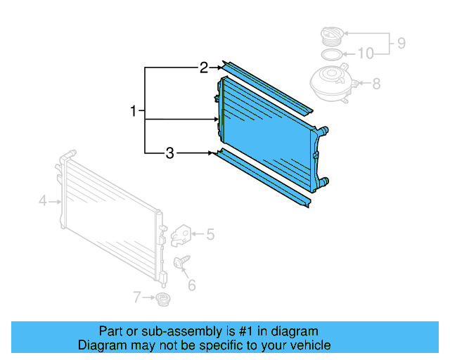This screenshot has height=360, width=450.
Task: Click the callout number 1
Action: coord(133,110)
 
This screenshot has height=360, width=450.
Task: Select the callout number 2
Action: coord(203,67)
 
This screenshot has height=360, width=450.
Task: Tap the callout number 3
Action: coord(169,153)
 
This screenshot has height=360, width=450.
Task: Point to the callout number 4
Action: coord(42,201)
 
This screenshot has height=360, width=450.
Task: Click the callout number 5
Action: coord(210,234)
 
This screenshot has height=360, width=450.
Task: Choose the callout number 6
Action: coord(191,285)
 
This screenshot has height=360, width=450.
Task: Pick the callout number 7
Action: coord(137,297)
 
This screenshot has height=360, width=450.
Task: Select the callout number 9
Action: coord(401,43)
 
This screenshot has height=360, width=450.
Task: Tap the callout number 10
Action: coord(365,53)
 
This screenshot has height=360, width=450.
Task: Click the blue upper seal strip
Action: coord(267,87)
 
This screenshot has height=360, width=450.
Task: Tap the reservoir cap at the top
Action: coord(330,34)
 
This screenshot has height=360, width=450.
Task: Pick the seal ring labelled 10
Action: coord(330,54)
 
